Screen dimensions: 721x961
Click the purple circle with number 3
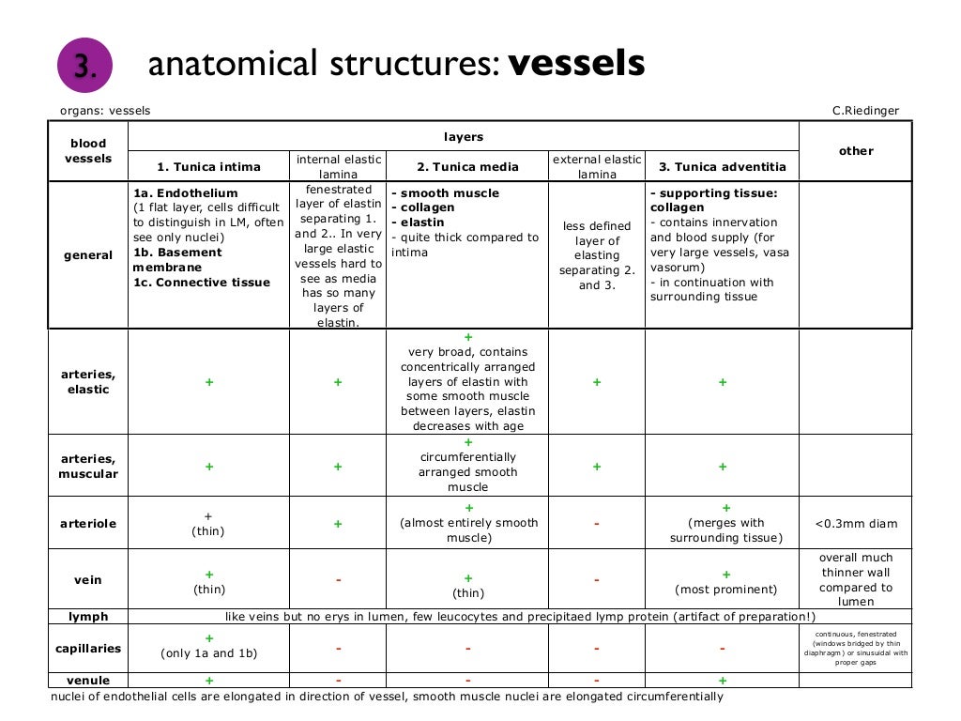[84, 66]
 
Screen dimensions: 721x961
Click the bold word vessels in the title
[576, 64]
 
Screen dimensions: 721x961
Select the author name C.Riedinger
[865, 111]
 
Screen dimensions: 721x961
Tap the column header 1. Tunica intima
[208, 167]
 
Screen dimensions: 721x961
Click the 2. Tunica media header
[467, 167]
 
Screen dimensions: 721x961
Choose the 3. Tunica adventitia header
[722, 167]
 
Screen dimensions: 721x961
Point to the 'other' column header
[856, 150]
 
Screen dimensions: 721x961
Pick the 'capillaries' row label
[88, 648]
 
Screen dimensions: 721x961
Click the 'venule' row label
[88, 680]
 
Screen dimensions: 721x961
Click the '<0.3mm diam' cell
[856, 523]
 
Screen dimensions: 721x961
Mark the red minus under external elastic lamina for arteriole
[597, 524]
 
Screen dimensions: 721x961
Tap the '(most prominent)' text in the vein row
[725, 590]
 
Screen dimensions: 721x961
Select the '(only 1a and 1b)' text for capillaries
[208, 653]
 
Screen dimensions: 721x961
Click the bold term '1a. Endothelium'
[186, 193]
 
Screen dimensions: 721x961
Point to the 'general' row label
[88, 254]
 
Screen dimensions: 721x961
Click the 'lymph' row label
[88, 617]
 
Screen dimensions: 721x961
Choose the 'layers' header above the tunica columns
[464, 137]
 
